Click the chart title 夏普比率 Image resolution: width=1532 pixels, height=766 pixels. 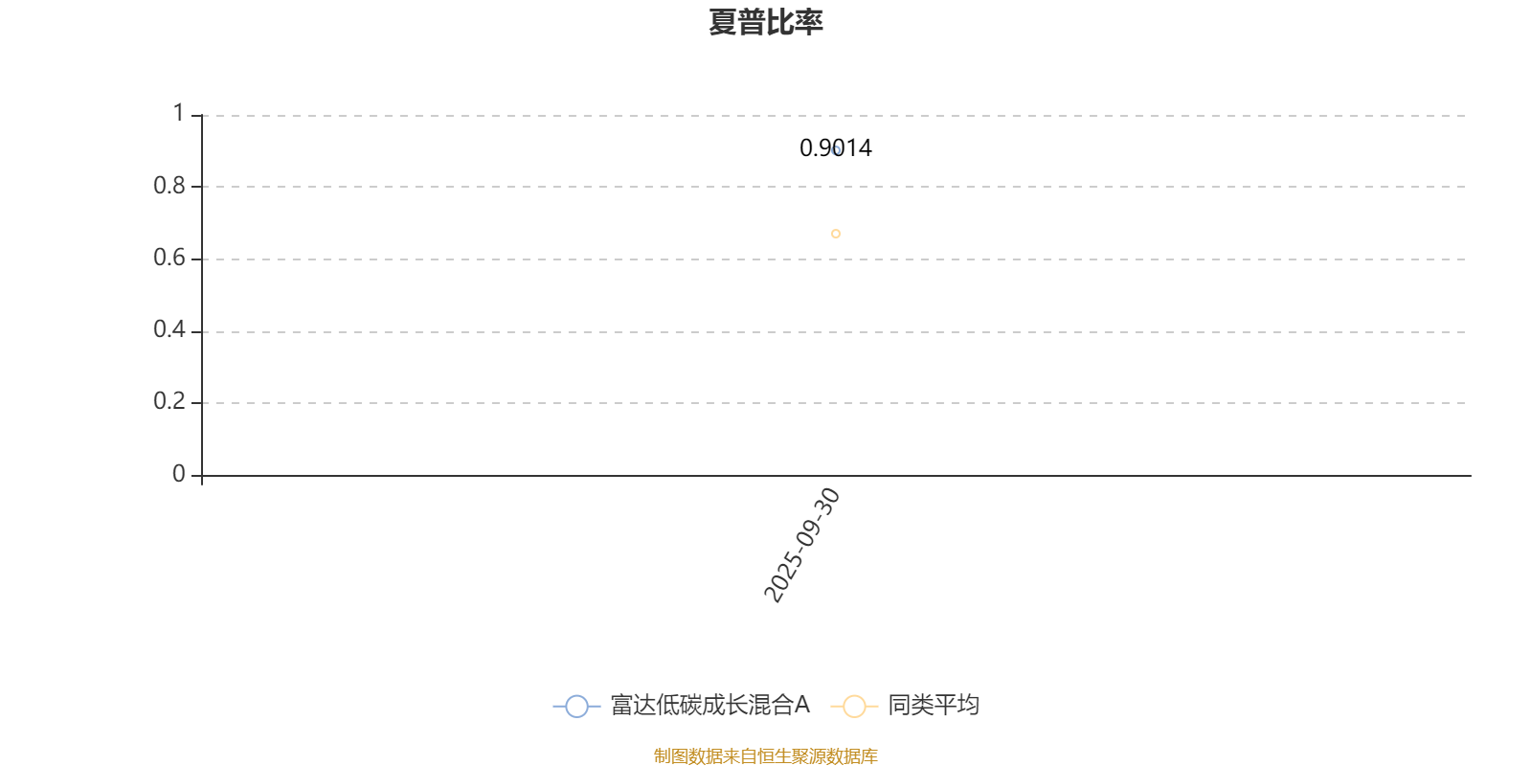[765, 22]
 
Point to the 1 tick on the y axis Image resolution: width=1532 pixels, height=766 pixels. [178, 114]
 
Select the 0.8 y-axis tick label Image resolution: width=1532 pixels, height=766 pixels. [169, 186]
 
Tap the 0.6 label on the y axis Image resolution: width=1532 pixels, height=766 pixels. [169, 258]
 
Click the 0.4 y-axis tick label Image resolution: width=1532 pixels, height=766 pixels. [169, 330]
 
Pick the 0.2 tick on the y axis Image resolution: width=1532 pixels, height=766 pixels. [169, 402]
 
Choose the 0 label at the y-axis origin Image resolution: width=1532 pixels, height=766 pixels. [178, 474]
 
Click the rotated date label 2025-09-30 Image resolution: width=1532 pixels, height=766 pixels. [802, 545]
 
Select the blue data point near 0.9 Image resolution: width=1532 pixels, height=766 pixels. [836, 150]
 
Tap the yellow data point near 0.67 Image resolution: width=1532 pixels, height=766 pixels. [836, 234]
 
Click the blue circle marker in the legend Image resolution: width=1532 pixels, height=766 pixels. [576, 707]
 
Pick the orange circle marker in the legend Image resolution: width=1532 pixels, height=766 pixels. [854, 707]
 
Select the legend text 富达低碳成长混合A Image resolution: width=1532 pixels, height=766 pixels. [710, 706]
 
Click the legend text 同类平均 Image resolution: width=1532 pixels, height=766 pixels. [933, 706]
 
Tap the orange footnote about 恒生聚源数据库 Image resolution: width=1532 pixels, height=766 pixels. [765, 756]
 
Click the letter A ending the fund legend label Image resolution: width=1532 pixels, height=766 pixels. [801, 706]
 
